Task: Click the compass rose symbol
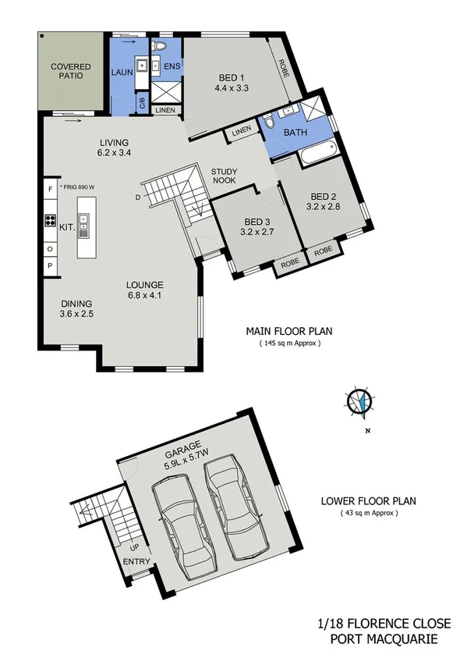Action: pyautogui.click(x=359, y=401)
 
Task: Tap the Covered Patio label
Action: pyautogui.click(x=71, y=72)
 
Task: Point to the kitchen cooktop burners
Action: pyautogui.click(x=49, y=220)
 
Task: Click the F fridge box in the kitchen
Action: pyautogui.click(x=49, y=188)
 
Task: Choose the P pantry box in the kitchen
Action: pyautogui.click(x=49, y=265)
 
